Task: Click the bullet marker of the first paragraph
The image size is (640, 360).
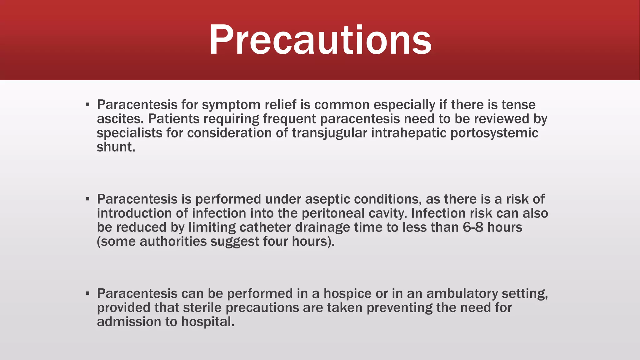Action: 87,104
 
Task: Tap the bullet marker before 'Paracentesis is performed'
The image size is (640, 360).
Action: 87,199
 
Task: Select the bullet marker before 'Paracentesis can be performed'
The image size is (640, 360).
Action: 87,293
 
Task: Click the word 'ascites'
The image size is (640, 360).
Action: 120,119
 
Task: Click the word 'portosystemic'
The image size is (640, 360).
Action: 494,133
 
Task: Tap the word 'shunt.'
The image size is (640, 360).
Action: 116,147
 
